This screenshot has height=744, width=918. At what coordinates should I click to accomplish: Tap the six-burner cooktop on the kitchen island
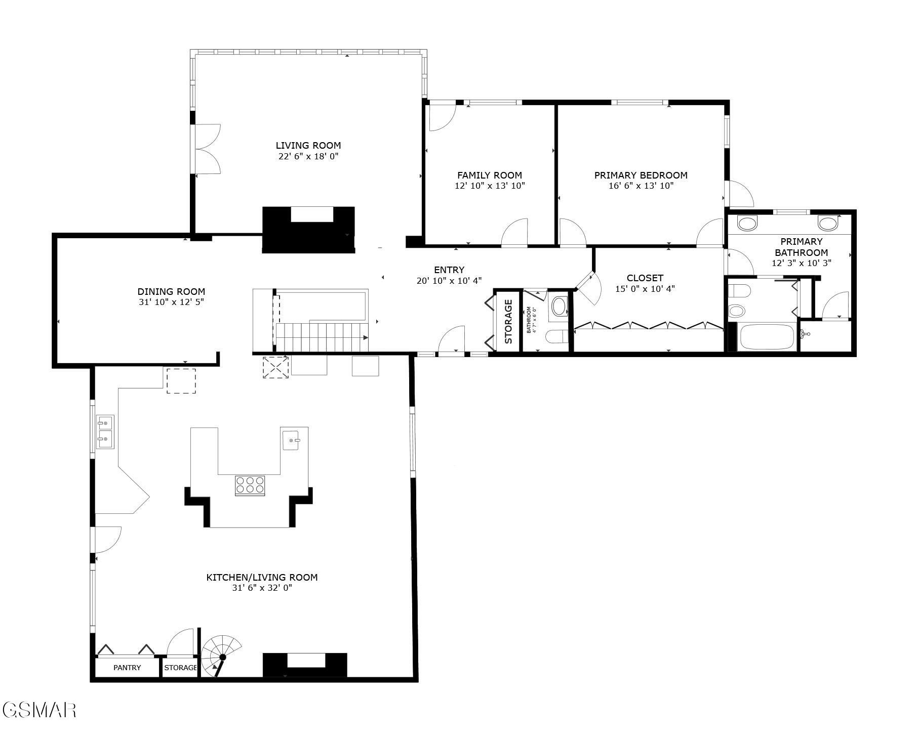[x=250, y=485]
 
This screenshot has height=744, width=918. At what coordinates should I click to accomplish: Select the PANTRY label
[x=127, y=668]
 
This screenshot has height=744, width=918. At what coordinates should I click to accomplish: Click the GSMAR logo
[x=39, y=710]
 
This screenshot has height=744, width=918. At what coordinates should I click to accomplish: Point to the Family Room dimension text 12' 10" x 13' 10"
[x=490, y=186]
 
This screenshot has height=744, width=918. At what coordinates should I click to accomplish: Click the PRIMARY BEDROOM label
[x=641, y=176]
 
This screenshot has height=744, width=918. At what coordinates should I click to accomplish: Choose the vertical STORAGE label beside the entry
[x=508, y=321]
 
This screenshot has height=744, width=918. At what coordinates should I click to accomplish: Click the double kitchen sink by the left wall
[x=105, y=431]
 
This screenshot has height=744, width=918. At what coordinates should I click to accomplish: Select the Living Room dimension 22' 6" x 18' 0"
[x=308, y=156]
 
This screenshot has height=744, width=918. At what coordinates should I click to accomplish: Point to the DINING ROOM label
[x=171, y=291]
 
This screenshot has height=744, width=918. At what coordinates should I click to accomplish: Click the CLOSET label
[x=645, y=278]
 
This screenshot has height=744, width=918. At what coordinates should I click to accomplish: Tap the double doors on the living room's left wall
[x=207, y=149]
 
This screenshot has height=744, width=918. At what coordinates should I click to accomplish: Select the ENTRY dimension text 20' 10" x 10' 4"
[x=449, y=280]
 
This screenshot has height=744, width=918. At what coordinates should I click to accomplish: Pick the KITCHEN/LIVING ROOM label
[x=262, y=577]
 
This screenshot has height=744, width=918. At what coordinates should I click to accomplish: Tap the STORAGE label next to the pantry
[x=180, y=668]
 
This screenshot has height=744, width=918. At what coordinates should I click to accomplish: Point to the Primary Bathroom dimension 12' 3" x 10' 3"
[x=801, y=263]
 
